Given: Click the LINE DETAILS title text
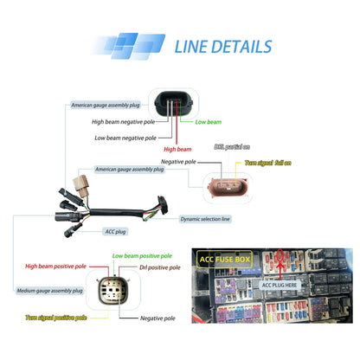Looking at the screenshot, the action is [x=223, y=47].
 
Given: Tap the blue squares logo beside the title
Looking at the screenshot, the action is [x=128, y=46].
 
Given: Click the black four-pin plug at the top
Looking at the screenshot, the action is [x=173, y=104].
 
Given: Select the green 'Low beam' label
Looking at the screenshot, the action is [x=209, y=122].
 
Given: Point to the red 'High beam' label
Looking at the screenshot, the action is [x=177, y=149].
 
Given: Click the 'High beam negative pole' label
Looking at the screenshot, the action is [x=123, y=122].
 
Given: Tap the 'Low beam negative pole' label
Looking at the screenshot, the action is [x=125, y=138].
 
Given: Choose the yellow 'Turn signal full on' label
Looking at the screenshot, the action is [x=268, y=163].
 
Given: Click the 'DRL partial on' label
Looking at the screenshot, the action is [x=232, y=147].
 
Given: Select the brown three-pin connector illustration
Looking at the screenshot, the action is [x=228, y=188].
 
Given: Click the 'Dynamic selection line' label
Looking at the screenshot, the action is [x=205, y=219].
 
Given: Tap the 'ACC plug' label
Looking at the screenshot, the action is [x=115, y=231].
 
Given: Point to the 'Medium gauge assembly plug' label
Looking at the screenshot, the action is [x=49, y=291].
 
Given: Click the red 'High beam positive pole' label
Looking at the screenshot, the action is [x=55, y=267].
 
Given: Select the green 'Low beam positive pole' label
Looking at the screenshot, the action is [x=142, y=256].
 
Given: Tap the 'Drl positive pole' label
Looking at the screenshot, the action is [x=160, y=267].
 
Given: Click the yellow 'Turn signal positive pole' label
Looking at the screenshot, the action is [x=56, y=318].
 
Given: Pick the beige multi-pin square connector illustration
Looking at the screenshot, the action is [x=113, y=291].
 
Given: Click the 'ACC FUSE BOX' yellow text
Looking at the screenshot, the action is [x=225, y=260].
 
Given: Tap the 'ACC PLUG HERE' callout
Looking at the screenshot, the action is [x=280, y=285].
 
